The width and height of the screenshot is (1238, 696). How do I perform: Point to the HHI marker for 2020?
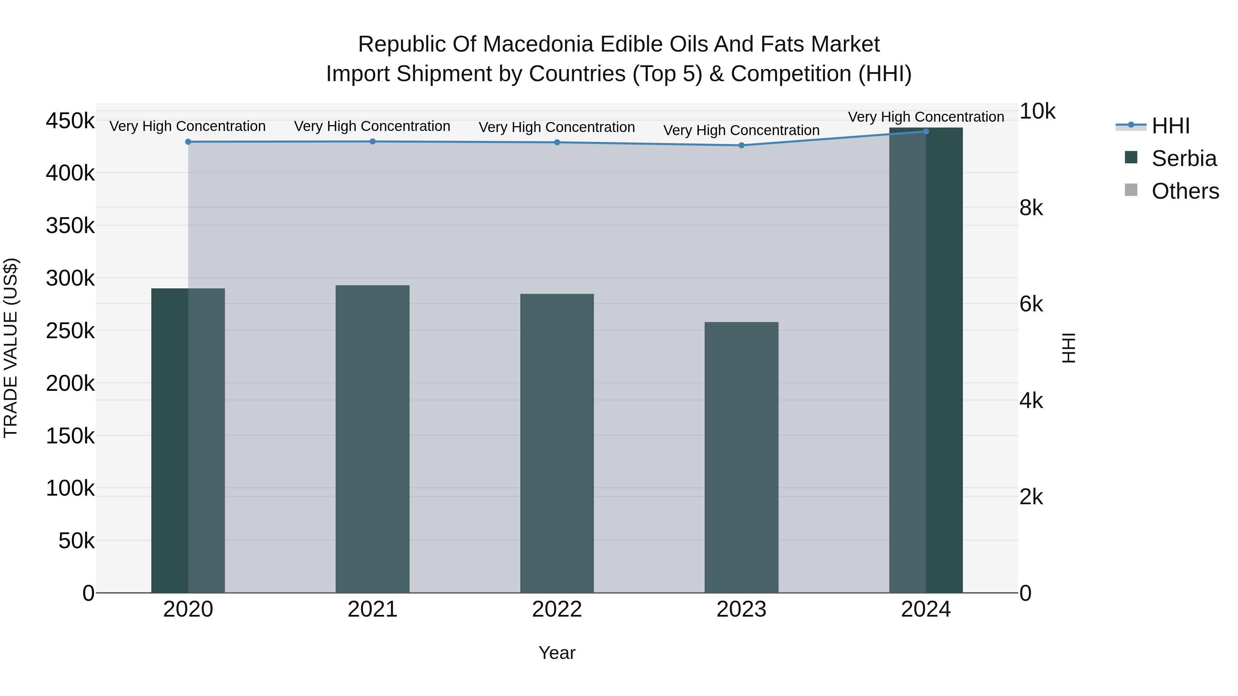tap(188, 142)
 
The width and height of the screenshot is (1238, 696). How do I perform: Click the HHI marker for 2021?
tap(372, 141)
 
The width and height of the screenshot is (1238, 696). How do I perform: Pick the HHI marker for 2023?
tap(741, 145)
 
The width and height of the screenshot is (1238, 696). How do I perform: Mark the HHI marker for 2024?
tap(926, 131)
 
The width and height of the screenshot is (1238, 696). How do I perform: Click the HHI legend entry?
tap(1171, 126)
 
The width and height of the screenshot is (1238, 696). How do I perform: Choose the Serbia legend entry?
tap(1184, 158)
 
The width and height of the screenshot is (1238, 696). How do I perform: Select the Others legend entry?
tap(1185, 191)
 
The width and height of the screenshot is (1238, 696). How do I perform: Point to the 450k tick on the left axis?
tap(70, 121)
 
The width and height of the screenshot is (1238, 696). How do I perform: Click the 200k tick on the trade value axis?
tap(70, 383)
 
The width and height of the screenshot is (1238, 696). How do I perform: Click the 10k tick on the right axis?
tap(1038, 111)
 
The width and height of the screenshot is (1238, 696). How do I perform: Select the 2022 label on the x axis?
tap(557, 609)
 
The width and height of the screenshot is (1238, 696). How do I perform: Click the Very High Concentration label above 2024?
tap(926, 117)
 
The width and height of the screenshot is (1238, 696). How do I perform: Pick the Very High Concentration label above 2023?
tap(741, 130)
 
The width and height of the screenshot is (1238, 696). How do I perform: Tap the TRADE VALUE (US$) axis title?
tap(11, 348)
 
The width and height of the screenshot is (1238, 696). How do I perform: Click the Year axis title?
tap(557, 653)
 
